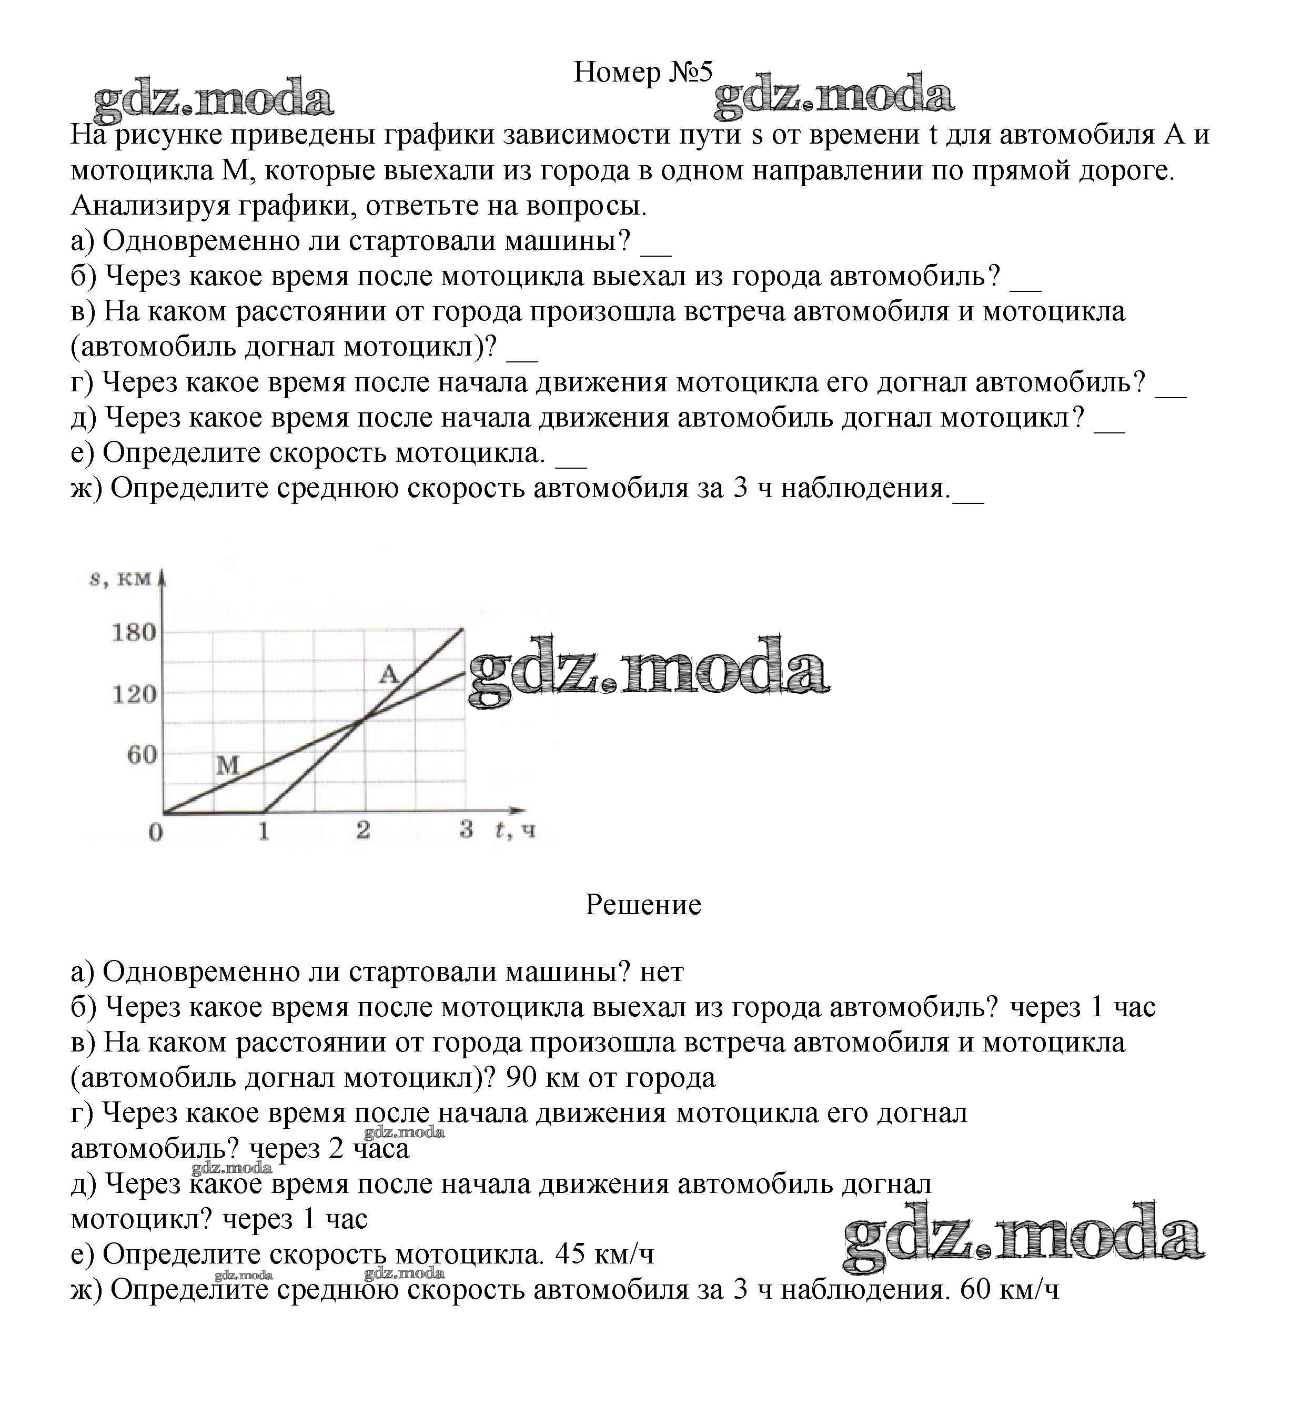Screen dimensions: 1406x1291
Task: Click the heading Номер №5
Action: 643,72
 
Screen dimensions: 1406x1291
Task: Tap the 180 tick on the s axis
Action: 134,633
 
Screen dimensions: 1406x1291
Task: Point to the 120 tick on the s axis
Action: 134,694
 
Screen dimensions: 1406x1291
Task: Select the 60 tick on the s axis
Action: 142,754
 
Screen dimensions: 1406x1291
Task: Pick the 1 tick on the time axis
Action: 264,831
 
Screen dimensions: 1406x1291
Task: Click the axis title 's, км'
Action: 120,579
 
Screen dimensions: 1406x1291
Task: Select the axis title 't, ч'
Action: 516,830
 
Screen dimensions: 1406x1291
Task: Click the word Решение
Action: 643,905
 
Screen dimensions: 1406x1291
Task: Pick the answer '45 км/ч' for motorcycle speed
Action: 604,1255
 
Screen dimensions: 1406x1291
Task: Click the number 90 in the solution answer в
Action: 520,1078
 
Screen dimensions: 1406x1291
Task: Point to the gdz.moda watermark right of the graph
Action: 648,671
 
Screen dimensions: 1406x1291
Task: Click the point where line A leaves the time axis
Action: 264,812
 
